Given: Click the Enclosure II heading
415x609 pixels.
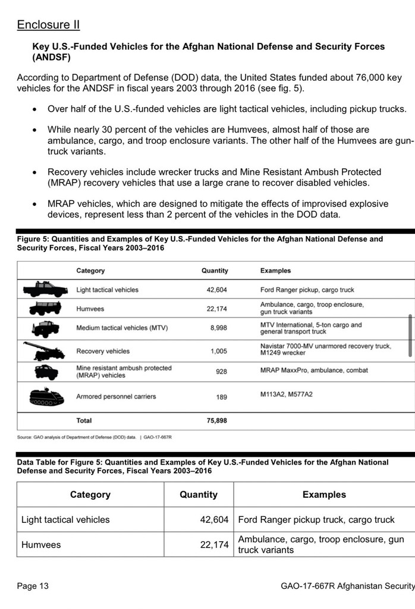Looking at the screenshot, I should coord(48,24).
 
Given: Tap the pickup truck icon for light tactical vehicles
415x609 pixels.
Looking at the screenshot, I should coord(45,290).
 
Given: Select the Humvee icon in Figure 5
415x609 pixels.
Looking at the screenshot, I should coord(45,309).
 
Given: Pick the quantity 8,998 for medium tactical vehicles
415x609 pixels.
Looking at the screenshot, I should coord(218,328).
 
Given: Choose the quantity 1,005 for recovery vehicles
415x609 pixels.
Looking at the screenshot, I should coord(218,351).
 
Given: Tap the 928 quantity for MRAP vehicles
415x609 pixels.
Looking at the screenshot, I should coord(221,371).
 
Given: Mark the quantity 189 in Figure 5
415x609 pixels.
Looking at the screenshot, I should coord(221,397).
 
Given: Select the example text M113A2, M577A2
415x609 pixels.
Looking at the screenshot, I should coord(286,394).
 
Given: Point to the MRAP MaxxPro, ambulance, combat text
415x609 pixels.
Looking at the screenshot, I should coord(314,370).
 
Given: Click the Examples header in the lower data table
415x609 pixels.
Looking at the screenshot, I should coord(324,494).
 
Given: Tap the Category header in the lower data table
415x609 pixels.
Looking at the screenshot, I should coord(90,494).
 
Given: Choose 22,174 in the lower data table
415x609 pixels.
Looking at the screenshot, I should coord(214,544).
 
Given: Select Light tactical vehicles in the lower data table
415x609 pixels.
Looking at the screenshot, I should coord(65,519).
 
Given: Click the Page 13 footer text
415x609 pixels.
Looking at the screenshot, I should coord(33,586).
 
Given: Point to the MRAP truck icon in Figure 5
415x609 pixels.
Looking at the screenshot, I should coord(46,372).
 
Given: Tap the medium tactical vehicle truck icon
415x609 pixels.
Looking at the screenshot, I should coord(45,329).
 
